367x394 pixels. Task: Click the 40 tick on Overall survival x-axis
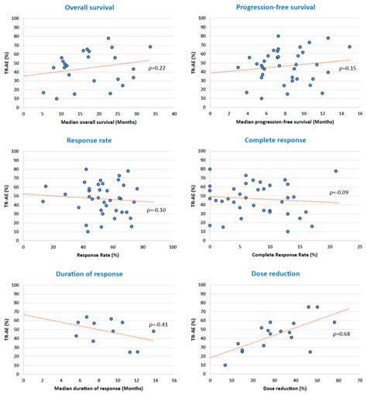(174, 115)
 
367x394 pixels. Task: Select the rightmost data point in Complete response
(336, 171)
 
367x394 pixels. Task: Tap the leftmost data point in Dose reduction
(225, 365)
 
